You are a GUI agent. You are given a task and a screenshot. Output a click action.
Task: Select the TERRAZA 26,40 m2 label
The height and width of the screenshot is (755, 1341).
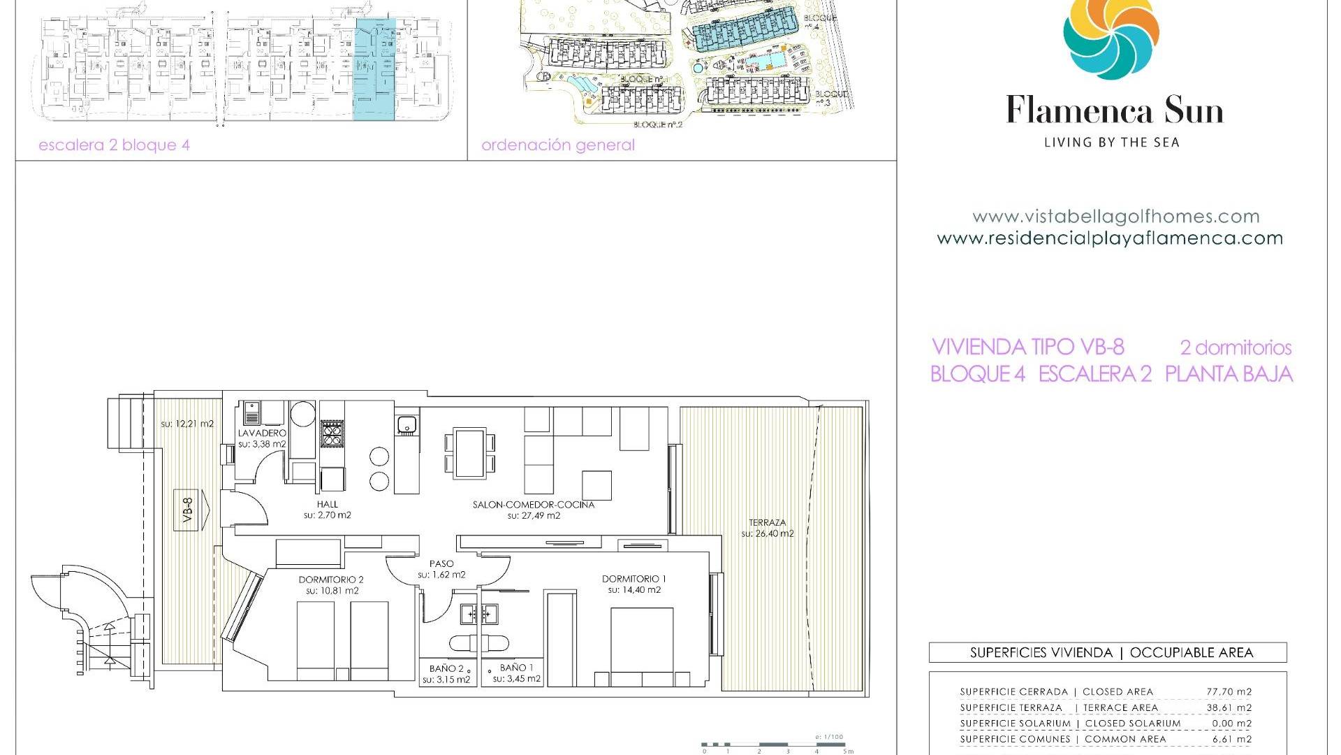[x=768, y=528]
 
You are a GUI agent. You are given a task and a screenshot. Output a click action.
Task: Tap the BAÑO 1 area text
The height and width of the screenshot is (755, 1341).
[x=517, y=673]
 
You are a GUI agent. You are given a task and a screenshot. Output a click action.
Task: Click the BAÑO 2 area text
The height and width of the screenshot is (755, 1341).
[x=447, y=674]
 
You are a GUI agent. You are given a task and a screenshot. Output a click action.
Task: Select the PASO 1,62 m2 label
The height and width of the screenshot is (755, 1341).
[x=441, y=569]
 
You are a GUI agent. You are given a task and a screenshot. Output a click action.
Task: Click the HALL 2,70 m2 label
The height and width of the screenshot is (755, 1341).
[x=327, y=510]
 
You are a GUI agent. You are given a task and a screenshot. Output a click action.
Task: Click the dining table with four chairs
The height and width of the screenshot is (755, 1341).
[x=470, y=453]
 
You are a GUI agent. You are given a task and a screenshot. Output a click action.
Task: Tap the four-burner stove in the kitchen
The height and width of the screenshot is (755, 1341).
[x=332, y=434]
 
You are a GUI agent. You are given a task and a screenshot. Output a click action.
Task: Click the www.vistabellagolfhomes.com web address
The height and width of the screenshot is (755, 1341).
[x=1115, y=217]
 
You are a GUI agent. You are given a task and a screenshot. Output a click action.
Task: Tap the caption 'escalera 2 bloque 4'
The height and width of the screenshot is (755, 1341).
[x=114, y=145]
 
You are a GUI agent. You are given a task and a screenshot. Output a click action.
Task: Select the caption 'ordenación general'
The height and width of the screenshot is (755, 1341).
[x=558, y=145]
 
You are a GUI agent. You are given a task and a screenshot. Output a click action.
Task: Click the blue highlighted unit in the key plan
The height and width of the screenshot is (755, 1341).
[x=375, y=70]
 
